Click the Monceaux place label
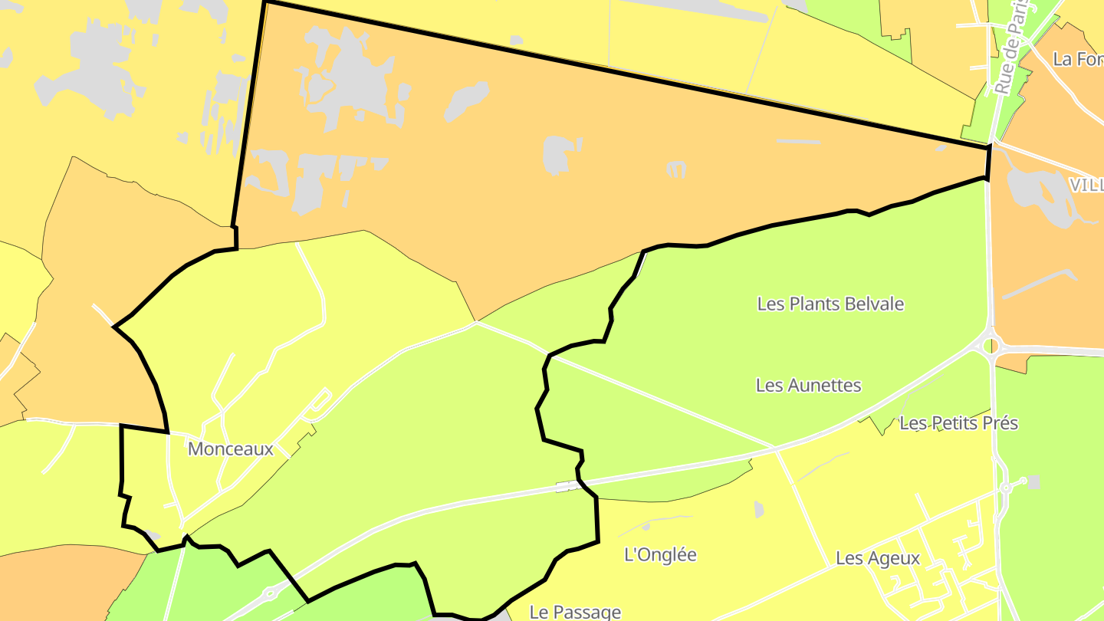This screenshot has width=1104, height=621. pos(230,449)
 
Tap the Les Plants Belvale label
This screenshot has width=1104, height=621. pos(830,304)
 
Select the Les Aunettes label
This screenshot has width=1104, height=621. pos(808,385)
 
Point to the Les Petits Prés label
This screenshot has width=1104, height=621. pos(958,422)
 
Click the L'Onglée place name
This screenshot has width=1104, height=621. pos(660,554)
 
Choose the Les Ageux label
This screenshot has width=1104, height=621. pos(877,558)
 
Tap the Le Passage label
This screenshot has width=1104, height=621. pos(575,612)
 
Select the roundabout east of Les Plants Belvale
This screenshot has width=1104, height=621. pos(991,345)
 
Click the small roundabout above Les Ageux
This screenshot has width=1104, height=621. pos(1004,488)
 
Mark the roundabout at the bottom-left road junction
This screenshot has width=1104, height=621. pos(270,593)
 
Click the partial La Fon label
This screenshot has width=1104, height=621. pos(1077,59)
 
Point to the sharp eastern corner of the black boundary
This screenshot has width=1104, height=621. pos(990,145)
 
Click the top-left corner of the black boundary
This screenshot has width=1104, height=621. pos(264,2)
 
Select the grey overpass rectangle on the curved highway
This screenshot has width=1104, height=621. pos(568,485)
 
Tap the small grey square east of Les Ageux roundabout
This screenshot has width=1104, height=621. pos(1033,481)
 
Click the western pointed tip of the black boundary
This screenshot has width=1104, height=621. pos(114,327)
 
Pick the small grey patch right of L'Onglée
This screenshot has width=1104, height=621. pos(758,508)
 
